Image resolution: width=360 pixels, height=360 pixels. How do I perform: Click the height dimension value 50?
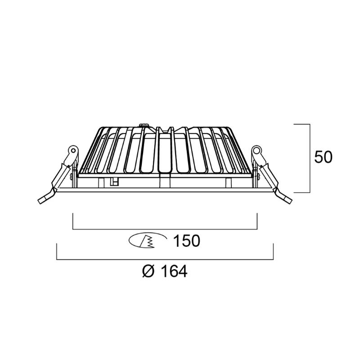(323, 157)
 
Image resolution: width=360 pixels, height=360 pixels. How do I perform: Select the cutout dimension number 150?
(186, 241)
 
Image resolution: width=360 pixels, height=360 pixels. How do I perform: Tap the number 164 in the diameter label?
(174, 271)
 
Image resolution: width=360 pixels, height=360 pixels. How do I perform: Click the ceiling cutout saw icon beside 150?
(148, 241)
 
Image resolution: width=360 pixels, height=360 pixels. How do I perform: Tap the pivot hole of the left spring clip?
(73, 151)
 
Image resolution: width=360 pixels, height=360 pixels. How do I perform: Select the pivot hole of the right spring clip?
(256, 151)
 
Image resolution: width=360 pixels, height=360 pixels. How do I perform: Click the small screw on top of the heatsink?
(144, 126)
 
